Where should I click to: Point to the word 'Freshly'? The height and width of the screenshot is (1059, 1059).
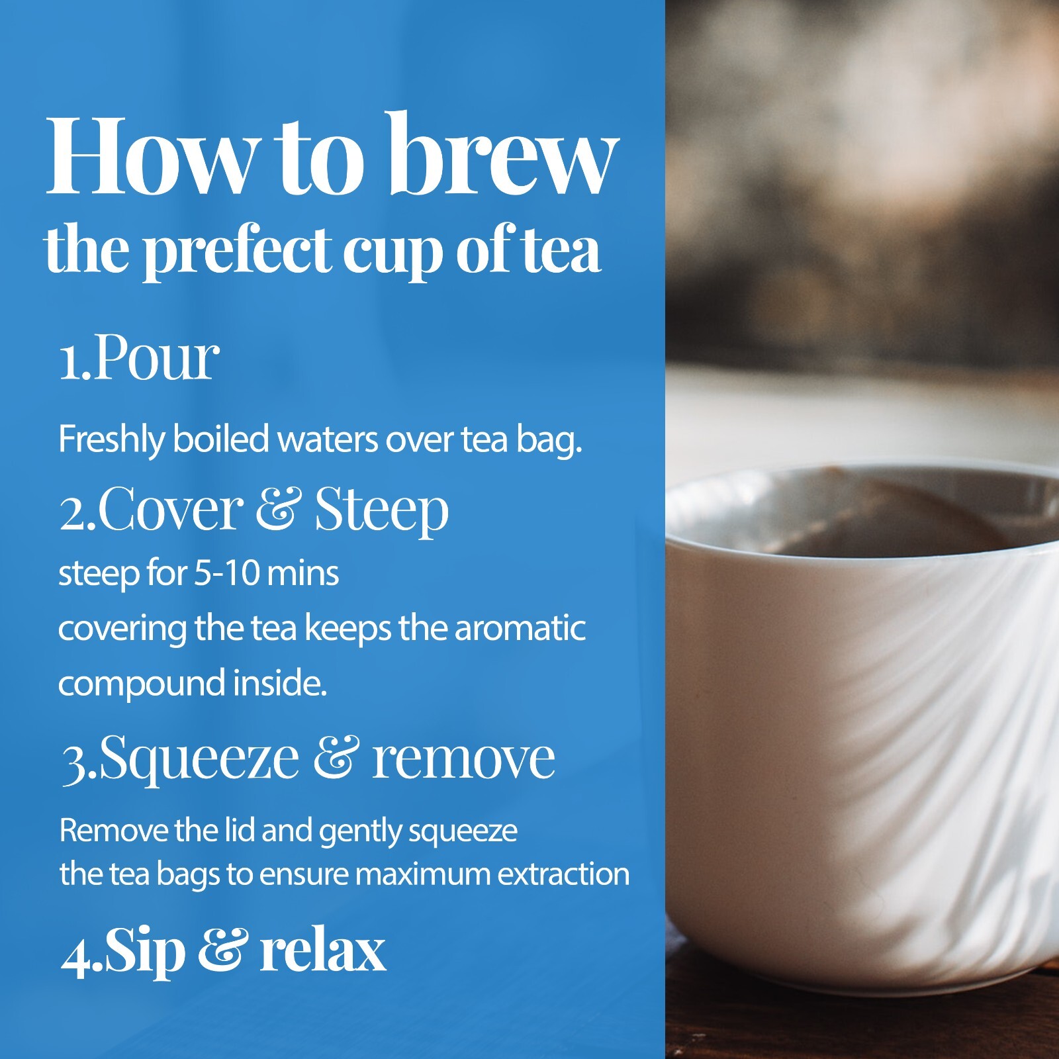[x=111, y=439]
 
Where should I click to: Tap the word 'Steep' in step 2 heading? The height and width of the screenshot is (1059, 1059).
[x=382, y=510]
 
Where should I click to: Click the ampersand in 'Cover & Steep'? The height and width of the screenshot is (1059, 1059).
[x=279, y=509]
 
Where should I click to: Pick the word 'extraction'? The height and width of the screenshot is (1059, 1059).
[x=563, y=874]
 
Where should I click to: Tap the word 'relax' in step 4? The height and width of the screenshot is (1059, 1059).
[x=322, y=950]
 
